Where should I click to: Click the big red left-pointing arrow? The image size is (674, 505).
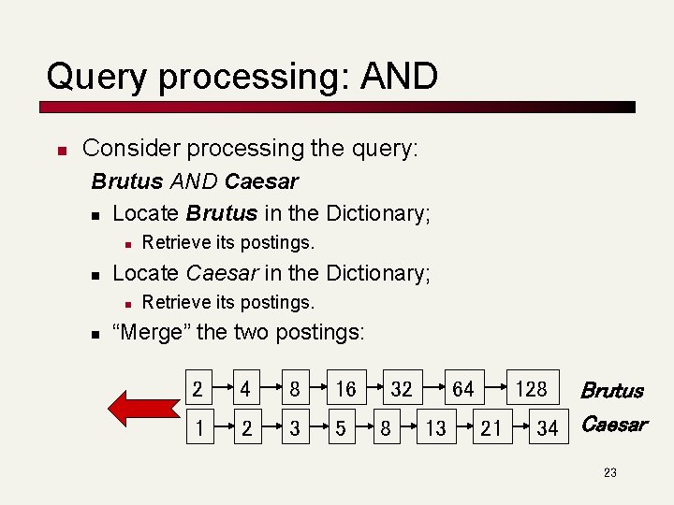139,408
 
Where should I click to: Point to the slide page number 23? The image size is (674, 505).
609,473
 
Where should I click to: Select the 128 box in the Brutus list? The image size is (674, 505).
532,388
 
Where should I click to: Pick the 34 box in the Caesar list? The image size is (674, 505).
548,428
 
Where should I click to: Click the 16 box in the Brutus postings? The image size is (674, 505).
345,388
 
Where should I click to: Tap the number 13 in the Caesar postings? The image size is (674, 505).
435,428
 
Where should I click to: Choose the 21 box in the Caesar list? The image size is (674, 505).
491,428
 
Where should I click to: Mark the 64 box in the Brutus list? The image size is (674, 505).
463,388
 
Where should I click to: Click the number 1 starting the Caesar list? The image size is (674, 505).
198,428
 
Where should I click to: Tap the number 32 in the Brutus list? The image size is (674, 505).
402,388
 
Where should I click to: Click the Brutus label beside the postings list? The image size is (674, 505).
612,391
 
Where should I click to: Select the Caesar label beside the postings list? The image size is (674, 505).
614,425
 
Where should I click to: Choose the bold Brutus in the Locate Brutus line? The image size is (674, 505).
221,213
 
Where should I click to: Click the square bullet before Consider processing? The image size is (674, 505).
60,150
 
